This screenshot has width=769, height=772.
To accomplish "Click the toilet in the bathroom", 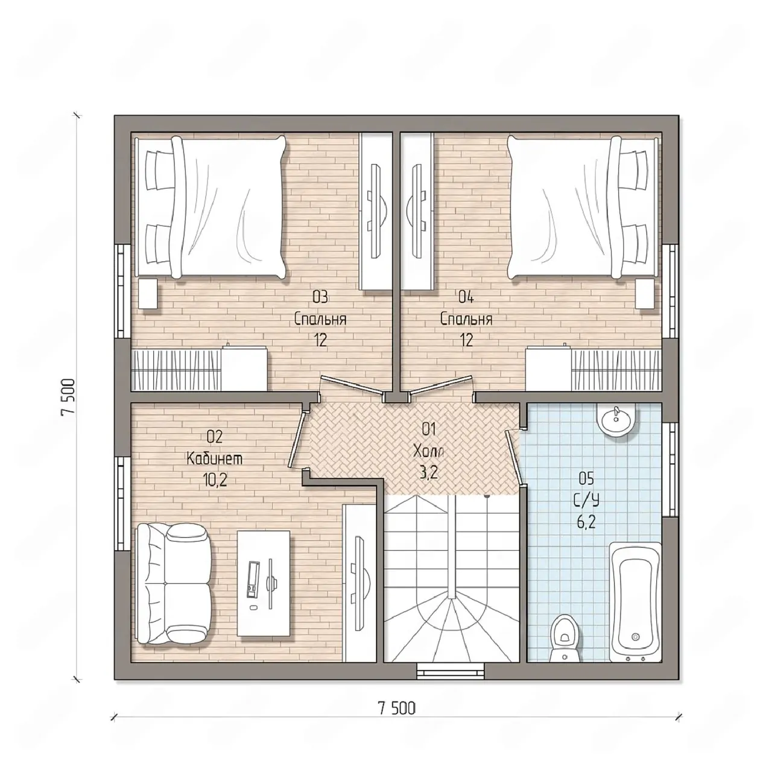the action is (x=565, y=641).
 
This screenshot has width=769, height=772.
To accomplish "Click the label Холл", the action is (x=428, y=452).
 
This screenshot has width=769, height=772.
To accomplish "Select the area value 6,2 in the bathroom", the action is (x=586, y=522).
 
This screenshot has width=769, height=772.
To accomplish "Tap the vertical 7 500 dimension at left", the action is (x=69, y=397).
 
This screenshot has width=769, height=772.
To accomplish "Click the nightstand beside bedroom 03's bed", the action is (x=148, y=294).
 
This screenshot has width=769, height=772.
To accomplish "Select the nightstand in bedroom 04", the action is (x=646, y=294).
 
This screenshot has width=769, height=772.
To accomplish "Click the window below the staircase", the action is (x=451, y=671).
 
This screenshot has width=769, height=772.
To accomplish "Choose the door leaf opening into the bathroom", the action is (x=514, y=457).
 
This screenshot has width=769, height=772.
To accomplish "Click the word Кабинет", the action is (x=215, y=459).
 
